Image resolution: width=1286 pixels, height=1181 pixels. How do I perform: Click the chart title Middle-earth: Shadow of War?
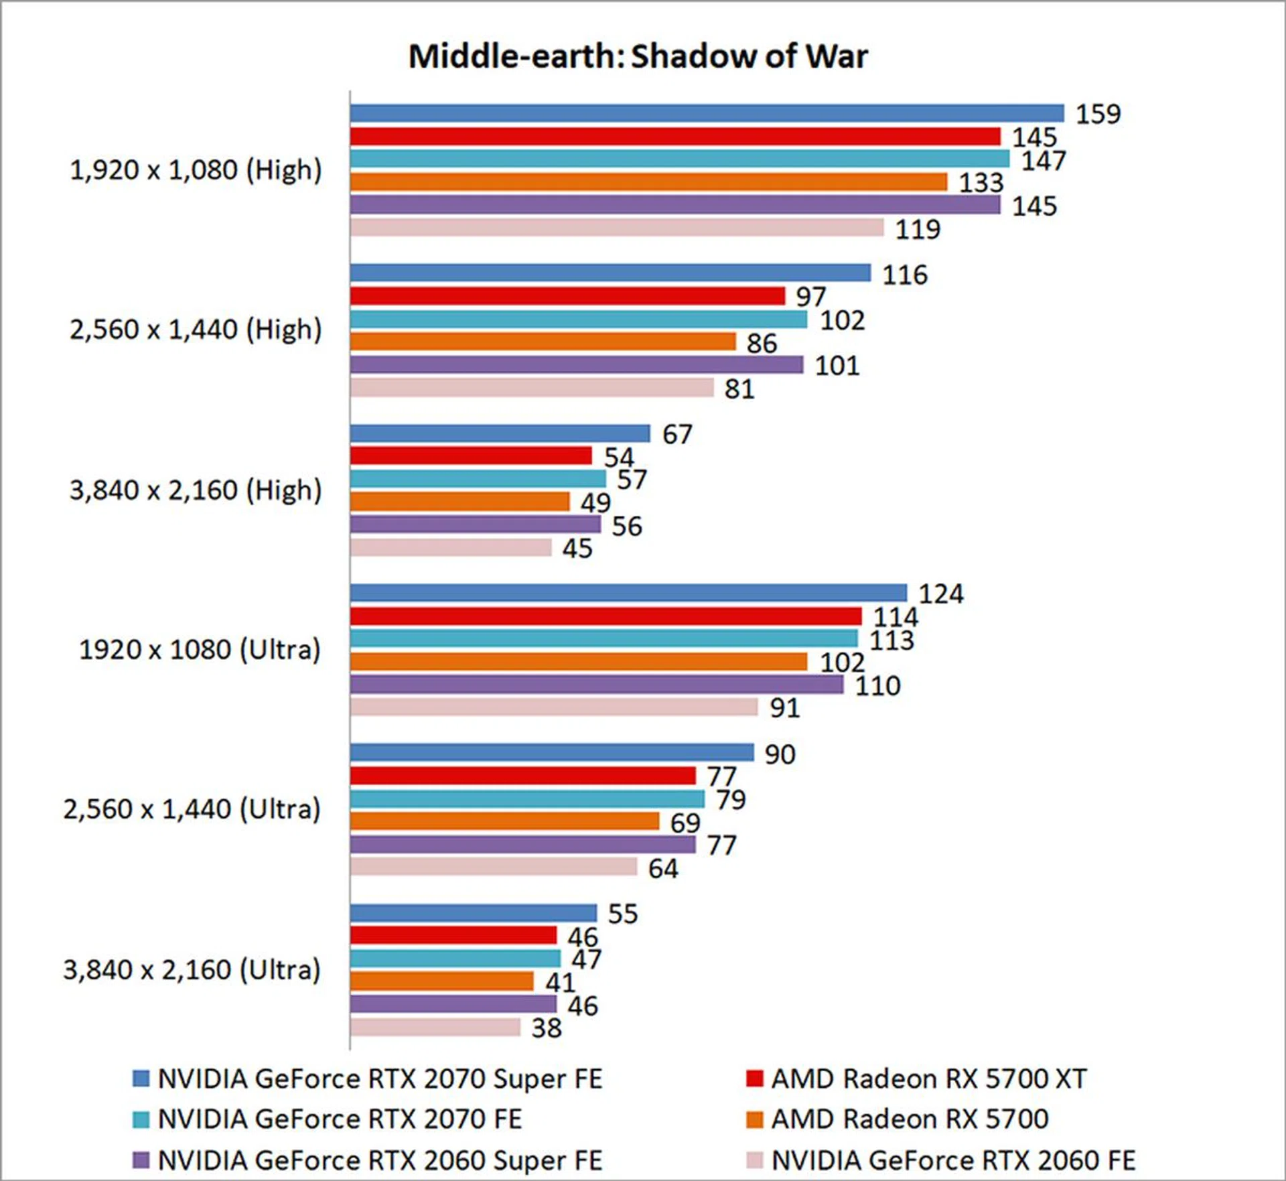[638, 56]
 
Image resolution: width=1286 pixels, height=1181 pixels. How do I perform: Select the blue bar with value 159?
[707, 113]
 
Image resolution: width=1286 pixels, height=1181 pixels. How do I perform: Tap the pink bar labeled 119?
[616, 228]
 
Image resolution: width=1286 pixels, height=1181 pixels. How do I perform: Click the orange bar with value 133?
[648, 182]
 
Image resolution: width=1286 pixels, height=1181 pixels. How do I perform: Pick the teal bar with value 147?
[679, 159]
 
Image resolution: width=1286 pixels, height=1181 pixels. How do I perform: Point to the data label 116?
[904, 275]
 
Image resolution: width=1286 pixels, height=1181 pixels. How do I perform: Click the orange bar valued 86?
[543, 342]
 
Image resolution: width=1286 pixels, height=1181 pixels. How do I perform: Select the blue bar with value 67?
[500, 433]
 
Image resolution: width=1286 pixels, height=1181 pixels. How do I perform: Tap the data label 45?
[577, 549]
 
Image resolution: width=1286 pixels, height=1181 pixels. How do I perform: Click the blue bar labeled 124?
[628, 593]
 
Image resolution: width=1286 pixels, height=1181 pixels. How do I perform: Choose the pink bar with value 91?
[553, 707]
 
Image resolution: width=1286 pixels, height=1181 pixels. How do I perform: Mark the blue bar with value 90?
[551, 752]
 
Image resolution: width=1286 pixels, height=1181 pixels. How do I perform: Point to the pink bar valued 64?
[493, 867]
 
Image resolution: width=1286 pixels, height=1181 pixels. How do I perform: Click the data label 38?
[546, 1028]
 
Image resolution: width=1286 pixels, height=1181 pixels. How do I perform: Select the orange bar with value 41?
[441, 981]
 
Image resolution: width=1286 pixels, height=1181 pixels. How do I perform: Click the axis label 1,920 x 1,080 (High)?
[196, 170]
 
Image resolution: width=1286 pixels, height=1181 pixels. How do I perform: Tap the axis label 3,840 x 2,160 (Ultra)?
[192, 970]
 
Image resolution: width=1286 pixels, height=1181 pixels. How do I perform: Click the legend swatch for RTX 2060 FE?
[755, 1160]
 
